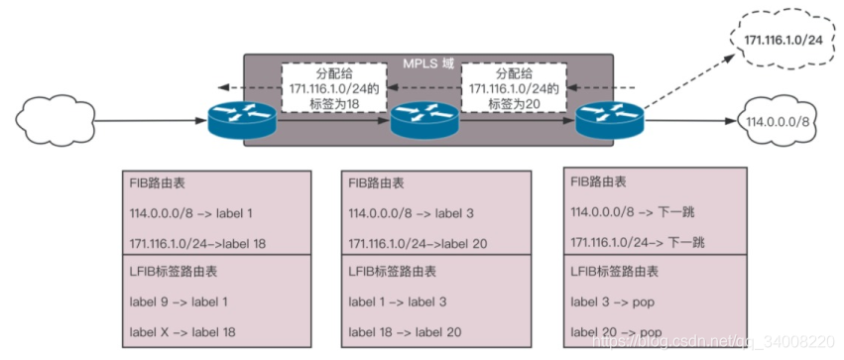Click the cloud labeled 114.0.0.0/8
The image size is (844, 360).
click(779, 121)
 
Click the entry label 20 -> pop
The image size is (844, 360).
click(617, 332)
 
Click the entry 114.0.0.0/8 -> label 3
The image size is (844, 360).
click(411, 213)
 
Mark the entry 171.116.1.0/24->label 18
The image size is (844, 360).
click(198, 243)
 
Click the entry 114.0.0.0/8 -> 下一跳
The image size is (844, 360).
click(631, 213)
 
